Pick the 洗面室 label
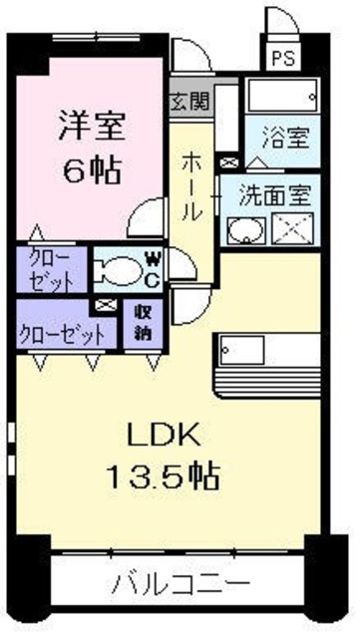click(279, 193)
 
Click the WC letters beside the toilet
click(152, 269)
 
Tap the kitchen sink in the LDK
click(241, 351)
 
